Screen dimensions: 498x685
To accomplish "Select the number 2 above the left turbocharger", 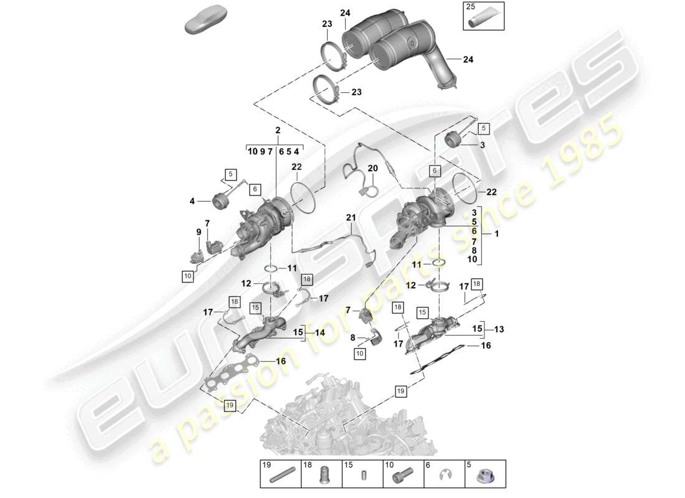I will [x=277, y=131].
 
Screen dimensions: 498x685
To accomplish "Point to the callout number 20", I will [x=372, y=169].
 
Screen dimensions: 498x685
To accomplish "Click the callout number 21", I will [x=350, y=218].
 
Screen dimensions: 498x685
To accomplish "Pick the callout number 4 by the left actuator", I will [x=192, y=201].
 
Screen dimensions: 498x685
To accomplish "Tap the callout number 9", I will [x=199, y=232].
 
